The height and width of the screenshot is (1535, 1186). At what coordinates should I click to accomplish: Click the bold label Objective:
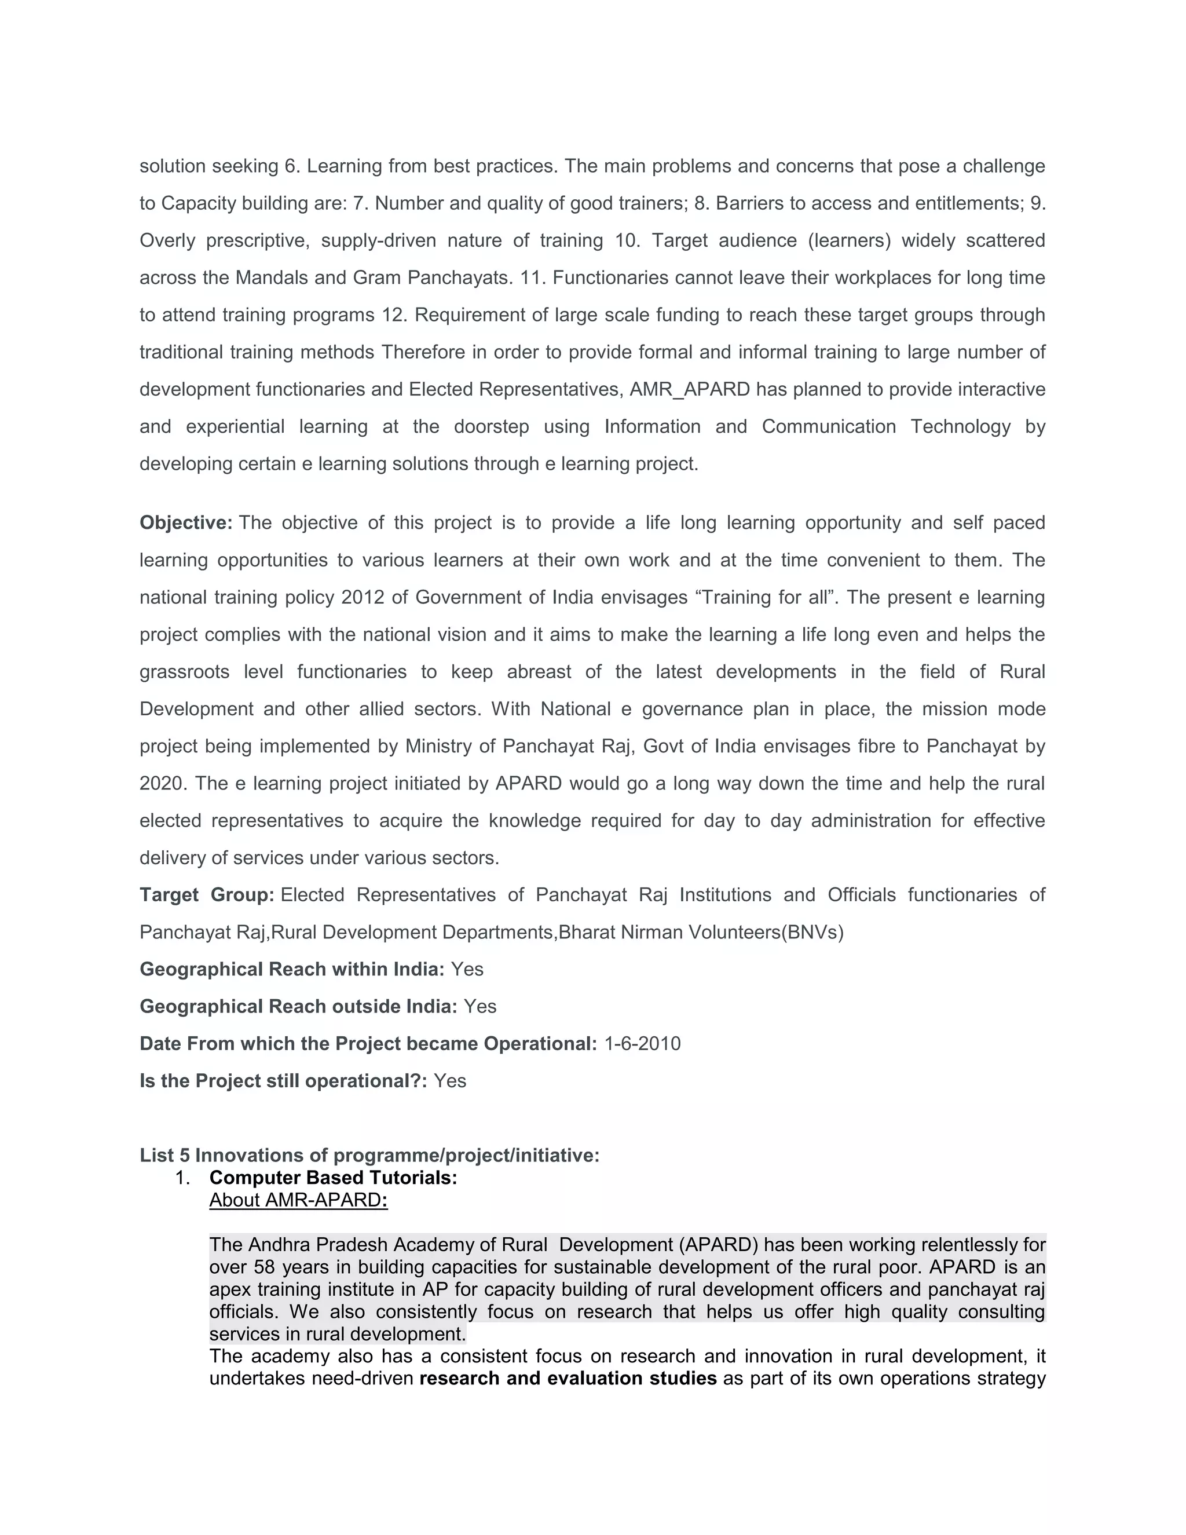tap(185, 523)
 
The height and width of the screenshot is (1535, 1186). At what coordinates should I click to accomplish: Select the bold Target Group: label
tap(207, 895)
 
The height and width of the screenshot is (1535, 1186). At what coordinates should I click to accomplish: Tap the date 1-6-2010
tap(642, 1044)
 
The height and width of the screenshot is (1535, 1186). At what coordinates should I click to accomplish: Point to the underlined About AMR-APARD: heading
tap(298, 1200)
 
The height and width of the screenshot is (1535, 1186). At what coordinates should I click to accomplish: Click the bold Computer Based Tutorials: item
tap(333, 1178)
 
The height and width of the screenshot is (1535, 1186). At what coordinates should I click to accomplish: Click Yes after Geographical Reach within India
tap(467, 969)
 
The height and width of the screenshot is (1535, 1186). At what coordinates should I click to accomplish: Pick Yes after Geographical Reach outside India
tap(480, 1007)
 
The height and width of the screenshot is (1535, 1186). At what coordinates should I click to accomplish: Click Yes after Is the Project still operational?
tap(449, 1081)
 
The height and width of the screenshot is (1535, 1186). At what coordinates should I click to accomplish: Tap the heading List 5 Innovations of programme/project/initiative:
tap(369, 1156)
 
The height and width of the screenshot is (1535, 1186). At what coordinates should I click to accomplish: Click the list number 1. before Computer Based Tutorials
tap(182, 1178)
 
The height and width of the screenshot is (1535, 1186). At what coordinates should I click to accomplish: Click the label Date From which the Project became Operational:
tap(368, 1044)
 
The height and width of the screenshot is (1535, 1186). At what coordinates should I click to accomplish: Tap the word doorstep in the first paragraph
tap(491, 427)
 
